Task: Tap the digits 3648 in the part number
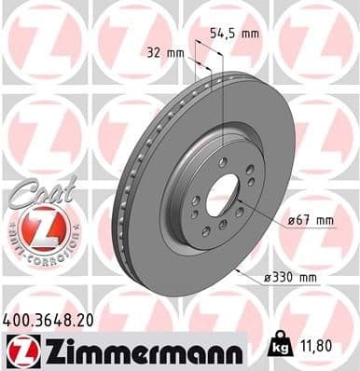click(x=56, y=318)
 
